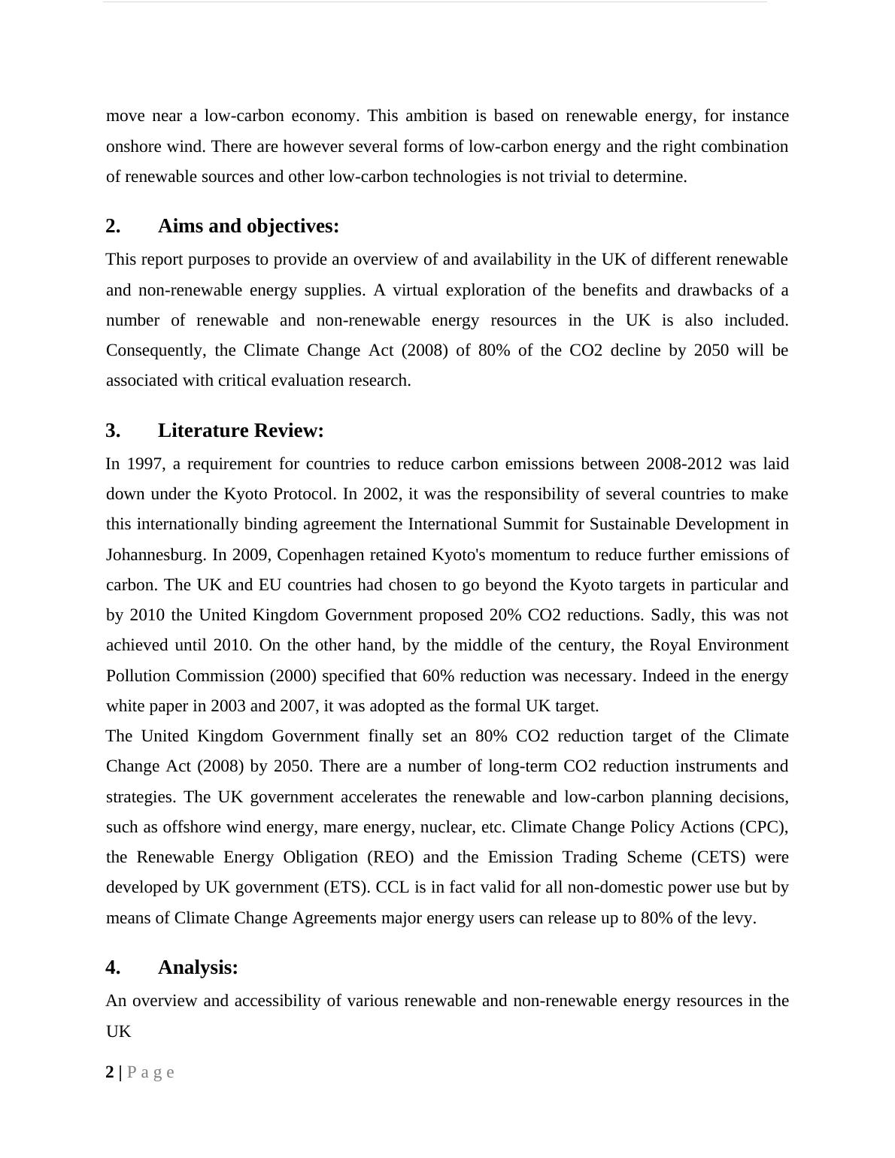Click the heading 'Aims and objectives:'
pyautogui.click(x=248, y=226)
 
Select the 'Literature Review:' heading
pyautogui.click(x=241, y=431)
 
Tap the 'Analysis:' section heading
pyautogui.click(x=198, y=968)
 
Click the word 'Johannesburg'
pyautogui.click(x=155, y=555)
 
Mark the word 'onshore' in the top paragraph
pyautogui.click(x=132, y=147)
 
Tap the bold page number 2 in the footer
pyautogui.click(x=110, y=1072)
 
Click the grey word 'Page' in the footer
pyautogui.click(x=151, y=1072)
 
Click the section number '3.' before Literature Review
pyautogui.click(x=113, y=431)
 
